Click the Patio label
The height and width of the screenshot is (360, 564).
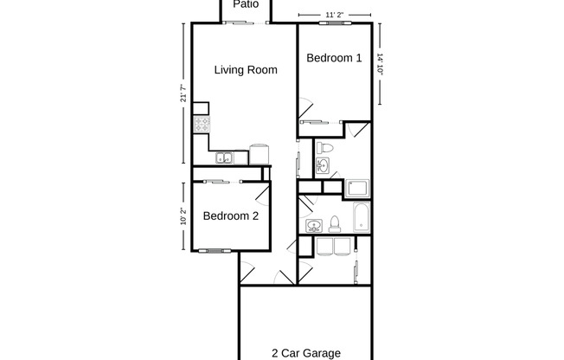coord(246,3)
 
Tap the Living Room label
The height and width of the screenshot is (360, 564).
coord(246,70)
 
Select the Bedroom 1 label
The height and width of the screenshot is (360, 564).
coord(334,58)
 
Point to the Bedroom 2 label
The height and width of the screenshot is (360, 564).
coord(231,216)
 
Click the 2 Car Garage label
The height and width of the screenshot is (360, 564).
coord(305,352)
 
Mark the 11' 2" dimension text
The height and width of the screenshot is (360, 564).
coord(335,15)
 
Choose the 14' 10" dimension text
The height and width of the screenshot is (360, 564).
coord(380,68)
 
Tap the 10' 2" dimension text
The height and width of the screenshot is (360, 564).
coord(183,215)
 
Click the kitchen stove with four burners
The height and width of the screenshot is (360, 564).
coord(201,125)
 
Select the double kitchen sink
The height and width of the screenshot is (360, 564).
coord(223,157)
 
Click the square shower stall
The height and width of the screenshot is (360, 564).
coord(357,188)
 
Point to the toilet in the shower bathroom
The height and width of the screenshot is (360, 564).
coord(324,147)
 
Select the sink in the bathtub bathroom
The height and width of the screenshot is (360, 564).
coord(314,226)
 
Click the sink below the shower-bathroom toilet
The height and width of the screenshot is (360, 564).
coord(324,166)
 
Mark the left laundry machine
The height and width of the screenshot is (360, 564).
coord(326,249)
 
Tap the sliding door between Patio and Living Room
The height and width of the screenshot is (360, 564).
coord(239,23)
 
